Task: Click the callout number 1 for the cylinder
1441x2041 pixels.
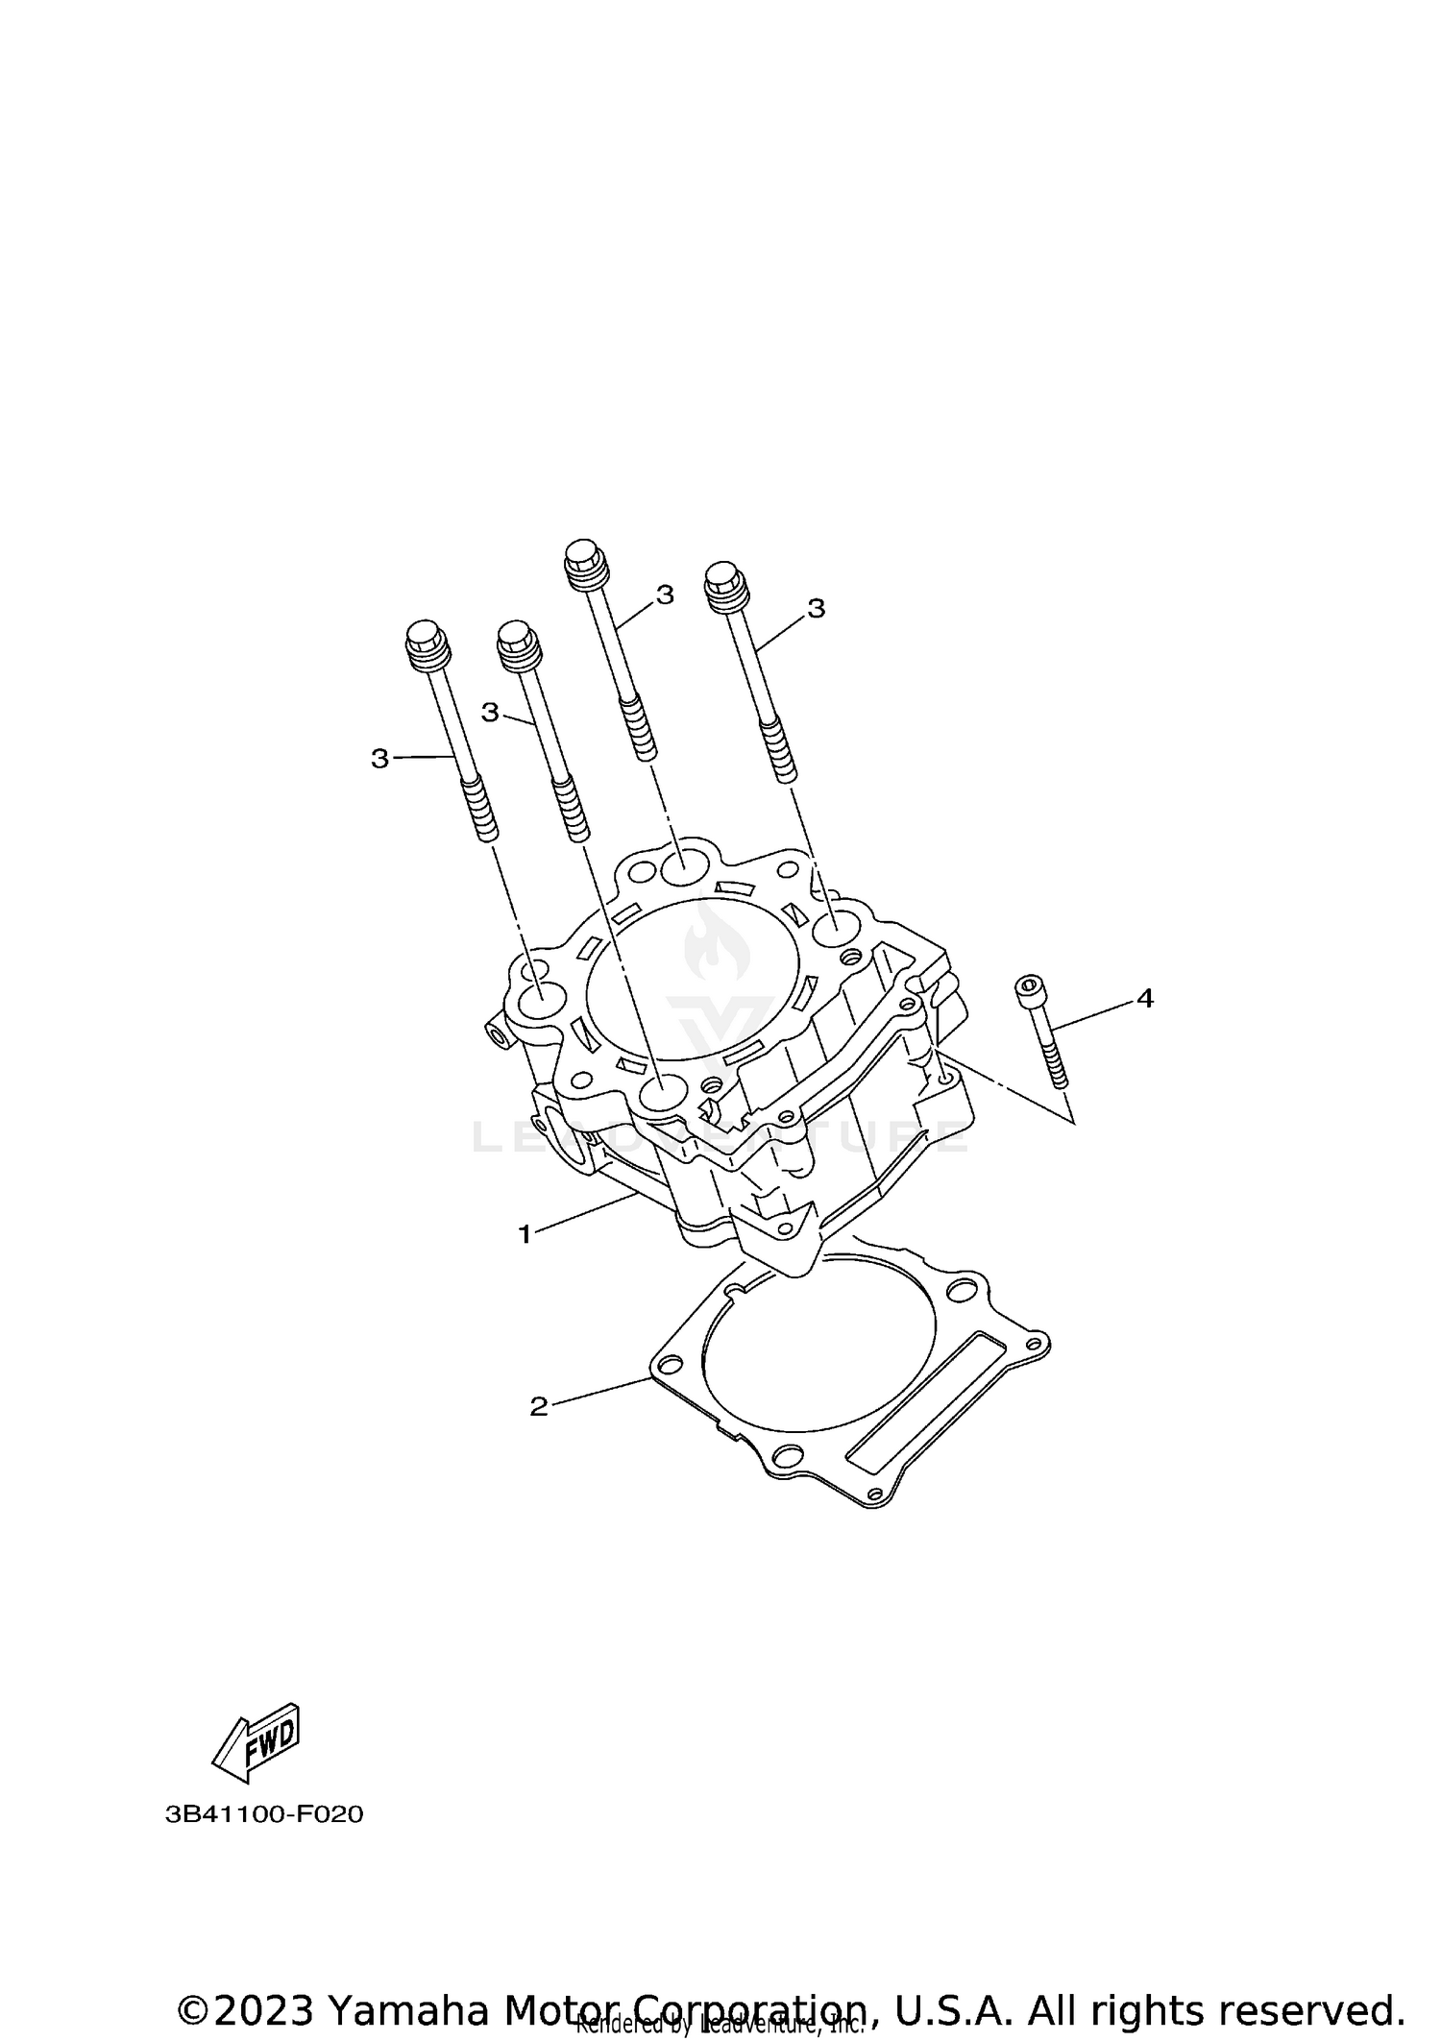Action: [x=525, y=1234]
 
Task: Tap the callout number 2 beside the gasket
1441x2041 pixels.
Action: [x=538, y=1406]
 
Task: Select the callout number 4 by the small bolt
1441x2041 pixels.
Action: [x=1144, y=999]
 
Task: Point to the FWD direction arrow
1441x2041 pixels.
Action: [x=257, y=1736]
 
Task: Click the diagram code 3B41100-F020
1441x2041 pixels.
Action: [x=264, y=1815]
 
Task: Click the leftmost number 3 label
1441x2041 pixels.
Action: [x=379, y=759]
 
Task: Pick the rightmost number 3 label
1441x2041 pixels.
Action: [x=816, y=608]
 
